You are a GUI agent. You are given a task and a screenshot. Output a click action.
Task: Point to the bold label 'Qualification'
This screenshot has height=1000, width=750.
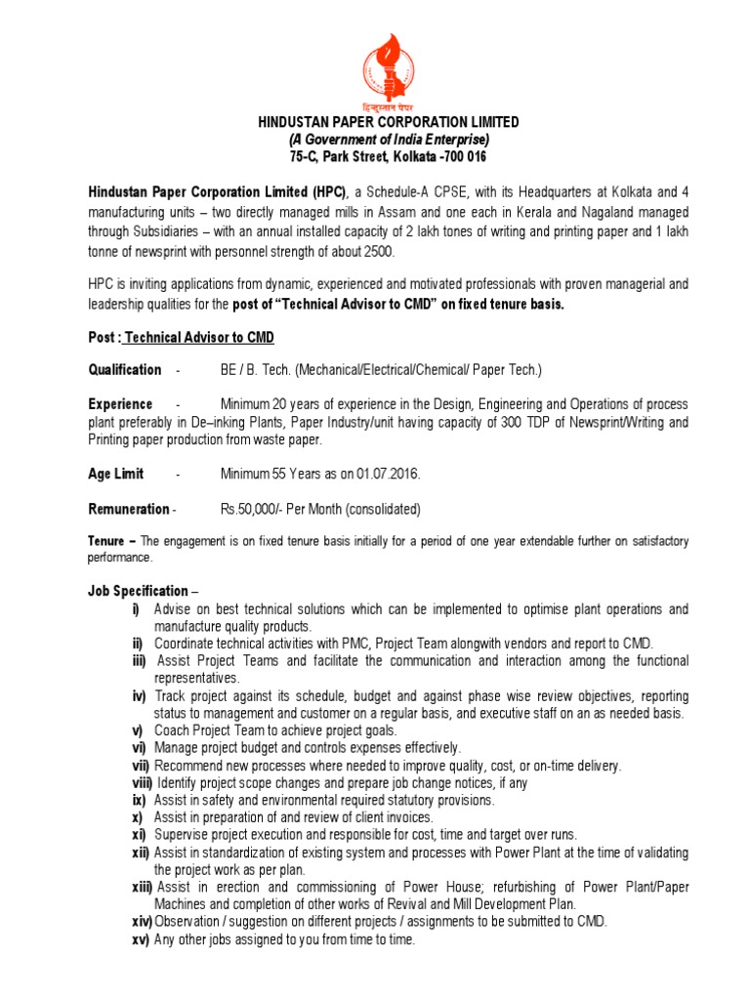coord(125,370)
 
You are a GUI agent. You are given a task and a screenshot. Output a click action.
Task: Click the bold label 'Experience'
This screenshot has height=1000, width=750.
coord(120,404)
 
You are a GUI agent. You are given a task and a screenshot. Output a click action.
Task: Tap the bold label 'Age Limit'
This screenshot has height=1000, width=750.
coord(116,474)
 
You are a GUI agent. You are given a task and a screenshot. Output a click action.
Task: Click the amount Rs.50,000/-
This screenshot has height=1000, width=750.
coord(256,509)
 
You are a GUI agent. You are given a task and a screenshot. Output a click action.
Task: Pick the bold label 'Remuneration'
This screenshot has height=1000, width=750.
coord(128,509)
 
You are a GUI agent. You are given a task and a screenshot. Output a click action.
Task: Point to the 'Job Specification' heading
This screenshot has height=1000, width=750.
coord(138,591)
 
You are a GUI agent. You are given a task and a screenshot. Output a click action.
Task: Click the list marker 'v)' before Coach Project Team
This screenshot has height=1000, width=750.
coord(138,730)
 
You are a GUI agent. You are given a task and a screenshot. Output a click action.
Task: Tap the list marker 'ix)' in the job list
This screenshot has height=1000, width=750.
coord(138,800)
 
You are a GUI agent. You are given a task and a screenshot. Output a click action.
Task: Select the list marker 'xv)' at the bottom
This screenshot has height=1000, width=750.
coord(140,939)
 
